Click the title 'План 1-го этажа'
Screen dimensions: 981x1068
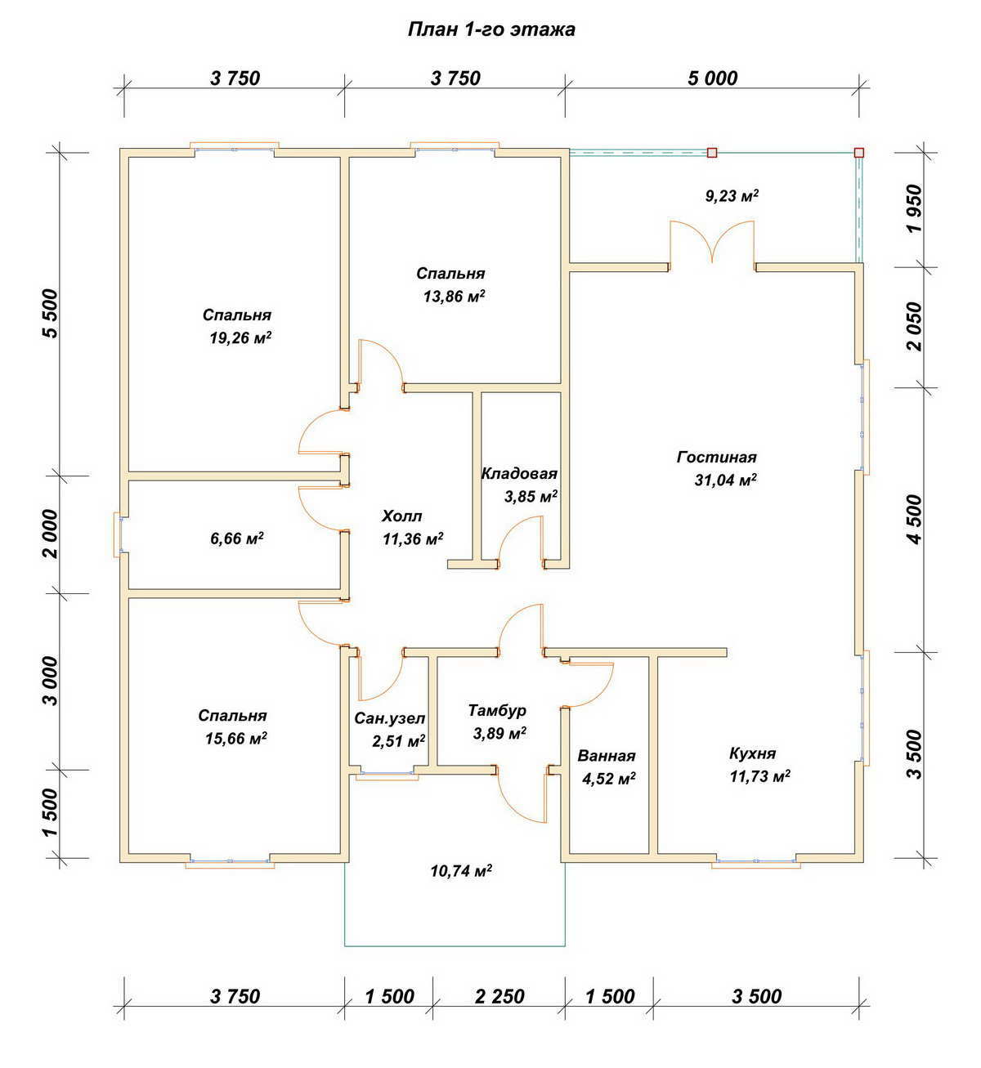click(491, 29)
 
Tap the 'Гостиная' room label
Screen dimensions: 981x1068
click(717, 458)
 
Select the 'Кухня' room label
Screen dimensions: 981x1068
click(752, 754)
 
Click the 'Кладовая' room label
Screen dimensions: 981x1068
click(519, 474)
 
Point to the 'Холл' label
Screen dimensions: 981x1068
click(401, 516)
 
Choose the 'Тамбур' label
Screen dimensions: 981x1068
click(497, 710)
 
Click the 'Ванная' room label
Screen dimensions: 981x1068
click(607, 756)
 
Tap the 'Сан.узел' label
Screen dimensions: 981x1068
click(389, 719)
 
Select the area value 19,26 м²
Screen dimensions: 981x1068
click(240, 337)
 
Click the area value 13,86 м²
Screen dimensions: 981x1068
click(454, 296)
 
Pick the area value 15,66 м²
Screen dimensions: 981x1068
click(236, 739)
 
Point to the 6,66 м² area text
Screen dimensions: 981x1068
click(236, 538)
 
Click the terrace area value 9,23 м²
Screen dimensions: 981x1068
click(732, 196)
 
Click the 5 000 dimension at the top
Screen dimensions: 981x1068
click(712, 78)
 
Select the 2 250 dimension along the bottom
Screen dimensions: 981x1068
click(499, 996)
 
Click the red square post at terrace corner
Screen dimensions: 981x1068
click(858, 153)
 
